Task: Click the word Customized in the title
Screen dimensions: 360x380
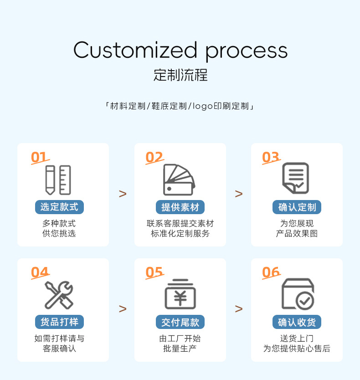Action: pos(135,50)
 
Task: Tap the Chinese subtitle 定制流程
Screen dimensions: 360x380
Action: pos(180,75)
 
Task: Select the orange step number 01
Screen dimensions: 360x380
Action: pos(39,158)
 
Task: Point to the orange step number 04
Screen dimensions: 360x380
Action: pos(40,272)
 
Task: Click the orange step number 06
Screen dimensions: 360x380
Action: pos(271,272)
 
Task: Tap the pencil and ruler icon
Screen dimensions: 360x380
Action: pos(58,180)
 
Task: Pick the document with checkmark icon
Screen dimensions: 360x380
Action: pos(296,178)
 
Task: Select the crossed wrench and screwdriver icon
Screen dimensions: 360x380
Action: pos(59,295)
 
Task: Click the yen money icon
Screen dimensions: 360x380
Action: pos(180,295)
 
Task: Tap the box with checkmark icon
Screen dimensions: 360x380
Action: pos(298,294)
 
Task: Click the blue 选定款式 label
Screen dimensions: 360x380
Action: pos(59,207)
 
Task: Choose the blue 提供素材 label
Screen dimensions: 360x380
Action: pos(180,207)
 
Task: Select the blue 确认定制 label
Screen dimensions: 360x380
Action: pos(297,207)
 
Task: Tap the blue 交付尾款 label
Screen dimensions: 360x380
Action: pos(180,322)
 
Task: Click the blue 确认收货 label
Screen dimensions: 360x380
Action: pos(297,322)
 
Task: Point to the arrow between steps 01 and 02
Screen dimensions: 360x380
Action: pos(122,194)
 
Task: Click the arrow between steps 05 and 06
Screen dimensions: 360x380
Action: pos(238,308)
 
